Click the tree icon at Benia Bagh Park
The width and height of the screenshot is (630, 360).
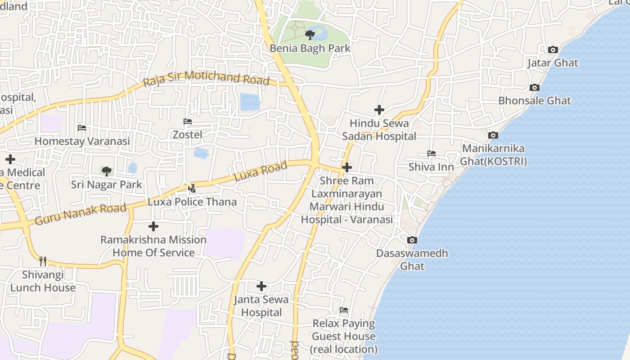pos(310,35)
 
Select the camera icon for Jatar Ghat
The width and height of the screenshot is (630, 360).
pos(553,49)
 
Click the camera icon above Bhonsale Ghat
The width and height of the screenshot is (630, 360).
pos(534,87)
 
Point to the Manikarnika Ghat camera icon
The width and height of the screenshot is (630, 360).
pos(493,135)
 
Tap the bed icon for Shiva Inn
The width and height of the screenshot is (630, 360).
pos(431,153)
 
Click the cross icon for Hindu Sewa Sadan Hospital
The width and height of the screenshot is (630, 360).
pos(379,109)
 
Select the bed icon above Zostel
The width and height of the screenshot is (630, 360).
pos(187,121)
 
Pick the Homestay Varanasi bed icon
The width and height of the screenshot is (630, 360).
pos(81,128)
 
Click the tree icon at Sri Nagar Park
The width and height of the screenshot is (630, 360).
pos(106,171)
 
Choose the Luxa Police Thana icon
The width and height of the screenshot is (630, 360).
pos(192,188)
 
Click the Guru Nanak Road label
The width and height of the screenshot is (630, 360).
pos(81,214)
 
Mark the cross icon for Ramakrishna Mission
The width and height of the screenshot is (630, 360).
pos(153,226)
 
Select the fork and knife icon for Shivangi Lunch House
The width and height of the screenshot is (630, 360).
pos(42,261)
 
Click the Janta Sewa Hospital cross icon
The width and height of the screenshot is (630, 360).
pos(261,286)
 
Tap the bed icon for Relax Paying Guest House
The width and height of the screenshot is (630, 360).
pos(344,310)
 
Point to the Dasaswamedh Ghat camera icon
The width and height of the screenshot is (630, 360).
pos(412,240)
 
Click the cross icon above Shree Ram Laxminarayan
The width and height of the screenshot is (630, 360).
pos(346,167)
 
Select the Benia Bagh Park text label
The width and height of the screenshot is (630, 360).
pos(310,48)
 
